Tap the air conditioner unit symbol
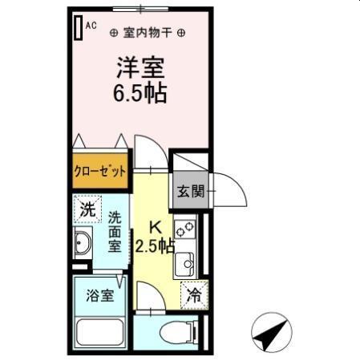[x=79, y=27]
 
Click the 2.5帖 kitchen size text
[x=154, y=246]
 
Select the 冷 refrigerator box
[x=192, y=295]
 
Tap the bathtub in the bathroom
[x=99, y=331]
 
